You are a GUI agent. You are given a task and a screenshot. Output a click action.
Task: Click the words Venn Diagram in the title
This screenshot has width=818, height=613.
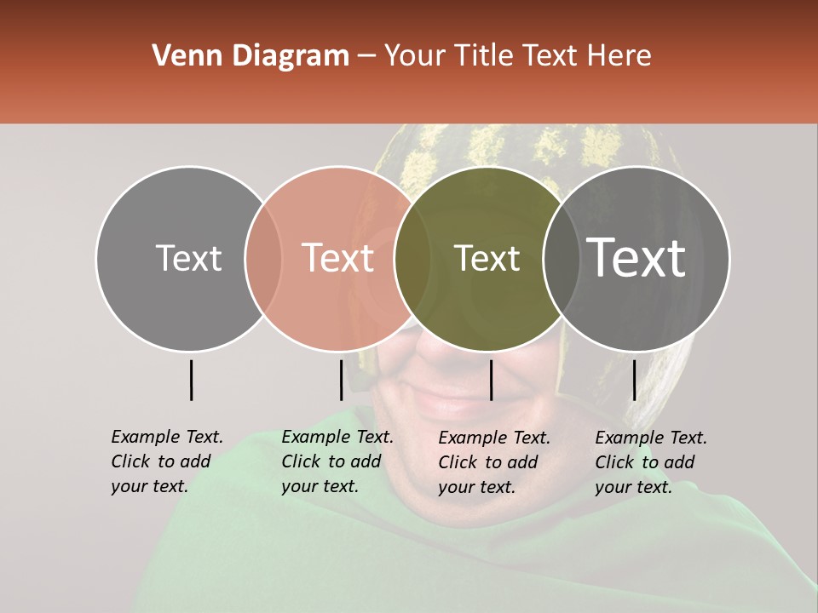coord(251,56)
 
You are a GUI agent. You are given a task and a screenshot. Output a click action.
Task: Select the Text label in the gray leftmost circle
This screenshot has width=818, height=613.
coord(188,258)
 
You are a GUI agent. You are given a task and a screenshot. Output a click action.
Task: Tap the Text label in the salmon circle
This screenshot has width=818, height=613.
coord(337,258)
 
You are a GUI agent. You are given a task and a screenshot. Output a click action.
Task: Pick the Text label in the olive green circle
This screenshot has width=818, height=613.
coord(487,258)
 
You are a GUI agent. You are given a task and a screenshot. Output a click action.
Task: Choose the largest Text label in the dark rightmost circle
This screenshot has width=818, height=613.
coord(637,258)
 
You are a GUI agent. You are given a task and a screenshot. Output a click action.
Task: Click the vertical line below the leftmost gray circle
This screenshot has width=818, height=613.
coord(191,380)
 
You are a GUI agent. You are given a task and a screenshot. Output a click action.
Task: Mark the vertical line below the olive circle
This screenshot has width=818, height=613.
coord(491,380)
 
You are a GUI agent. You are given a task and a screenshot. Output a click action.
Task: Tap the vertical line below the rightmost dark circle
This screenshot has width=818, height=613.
coord(634,380)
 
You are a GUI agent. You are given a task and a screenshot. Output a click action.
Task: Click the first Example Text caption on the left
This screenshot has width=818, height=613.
coord(166,461)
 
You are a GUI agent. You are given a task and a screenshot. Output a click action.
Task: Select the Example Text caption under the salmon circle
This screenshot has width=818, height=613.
coord(337,461)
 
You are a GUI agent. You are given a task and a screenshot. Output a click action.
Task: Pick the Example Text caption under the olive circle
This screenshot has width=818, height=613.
coord(493,462)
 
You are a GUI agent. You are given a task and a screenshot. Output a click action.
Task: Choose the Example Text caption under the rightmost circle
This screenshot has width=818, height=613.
coord(650,462)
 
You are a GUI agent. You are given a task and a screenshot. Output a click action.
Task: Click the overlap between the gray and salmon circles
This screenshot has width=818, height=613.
coord(263,258)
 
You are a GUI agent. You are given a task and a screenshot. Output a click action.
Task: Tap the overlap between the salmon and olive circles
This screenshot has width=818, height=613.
coord(412,258)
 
